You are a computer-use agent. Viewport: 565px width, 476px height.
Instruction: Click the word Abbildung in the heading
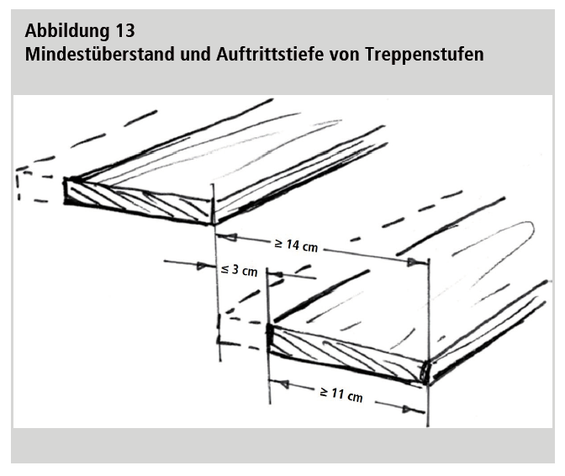tap(67, 31)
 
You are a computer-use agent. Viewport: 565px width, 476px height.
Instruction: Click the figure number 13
tap(125, 30)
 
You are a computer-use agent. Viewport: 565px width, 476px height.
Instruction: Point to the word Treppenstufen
tap(424, 55)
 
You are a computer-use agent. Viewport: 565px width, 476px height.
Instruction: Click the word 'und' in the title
tap(196, 54)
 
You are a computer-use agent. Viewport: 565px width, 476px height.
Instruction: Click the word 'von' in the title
tap(344, 56)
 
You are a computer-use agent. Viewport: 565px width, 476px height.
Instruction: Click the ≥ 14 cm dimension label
tap(296, 245)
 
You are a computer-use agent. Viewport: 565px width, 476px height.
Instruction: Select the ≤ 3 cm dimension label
tap(240, 270)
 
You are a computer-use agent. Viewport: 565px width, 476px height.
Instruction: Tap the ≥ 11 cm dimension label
tap(341, 394)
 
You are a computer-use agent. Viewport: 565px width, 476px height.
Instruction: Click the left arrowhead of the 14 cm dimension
tap(228, 237)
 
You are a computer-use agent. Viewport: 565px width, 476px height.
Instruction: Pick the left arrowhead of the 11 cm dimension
tap(279, 383)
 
